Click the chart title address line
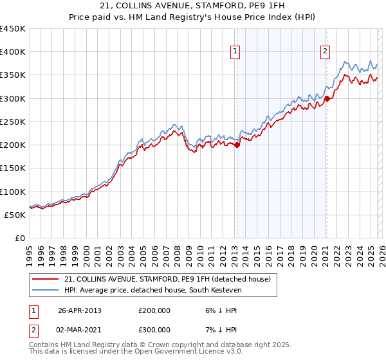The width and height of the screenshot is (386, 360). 193,6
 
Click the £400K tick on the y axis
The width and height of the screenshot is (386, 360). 13,52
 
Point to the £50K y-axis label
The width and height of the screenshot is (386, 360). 15,215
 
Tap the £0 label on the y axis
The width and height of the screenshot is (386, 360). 20,238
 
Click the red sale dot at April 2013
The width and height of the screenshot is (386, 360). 237,145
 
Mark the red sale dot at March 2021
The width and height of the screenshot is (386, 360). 327,98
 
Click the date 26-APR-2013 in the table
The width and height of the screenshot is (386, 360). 80,310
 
